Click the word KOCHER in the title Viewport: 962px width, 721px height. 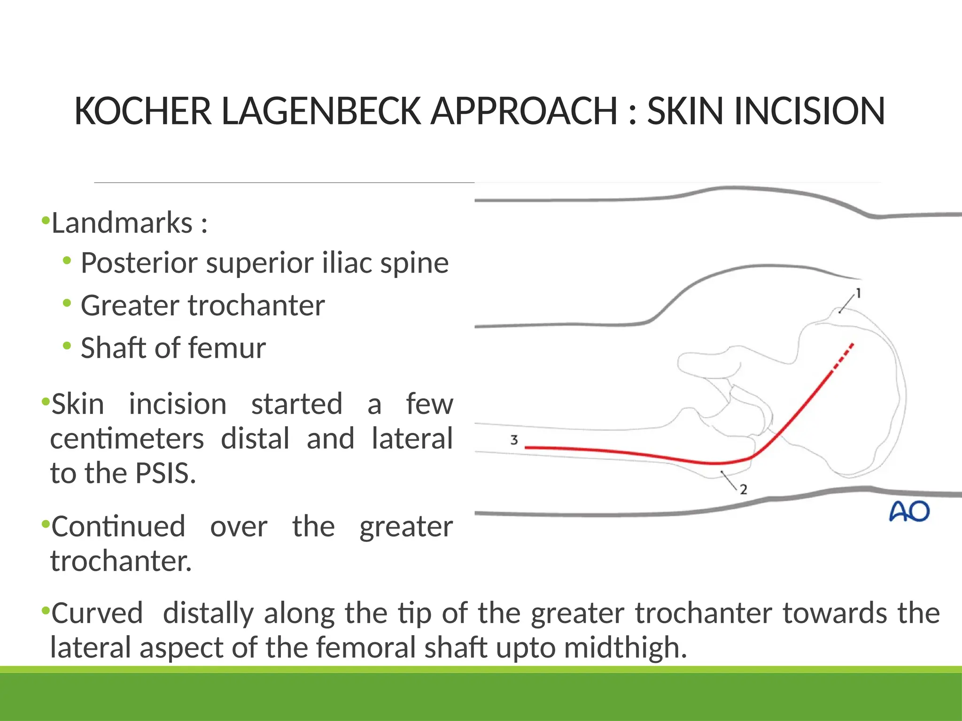click(143, 111)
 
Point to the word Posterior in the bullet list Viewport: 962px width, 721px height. click(139, 263)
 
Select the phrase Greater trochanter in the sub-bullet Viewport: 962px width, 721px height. click(202, 306)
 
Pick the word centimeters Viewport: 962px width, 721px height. click(127, 439)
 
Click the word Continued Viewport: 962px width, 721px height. click(118, 527)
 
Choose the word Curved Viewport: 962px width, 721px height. click(97, 613)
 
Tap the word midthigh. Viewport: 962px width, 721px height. click(625, 648)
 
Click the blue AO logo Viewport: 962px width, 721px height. click(909, 512)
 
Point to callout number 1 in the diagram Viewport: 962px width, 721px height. click(858, 293)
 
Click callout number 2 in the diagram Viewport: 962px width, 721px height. click(743, 490)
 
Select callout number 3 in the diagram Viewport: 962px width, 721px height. click(514, 440)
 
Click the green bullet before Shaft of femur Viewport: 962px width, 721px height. click(67, 346)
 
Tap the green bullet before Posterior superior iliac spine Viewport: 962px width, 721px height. click(67, 261)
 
